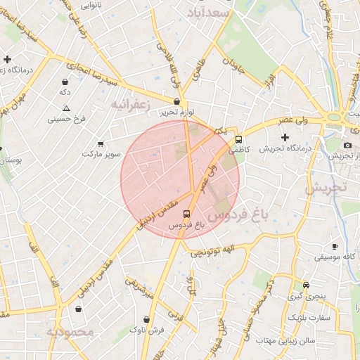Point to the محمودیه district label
coord(70,331)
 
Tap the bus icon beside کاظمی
coord(239,139)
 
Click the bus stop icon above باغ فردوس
coord(186,214)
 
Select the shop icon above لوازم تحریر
coord(167,102)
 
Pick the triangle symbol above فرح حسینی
coord(66,108)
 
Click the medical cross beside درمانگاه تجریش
coord(285,136)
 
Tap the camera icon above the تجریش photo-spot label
coord(347,144)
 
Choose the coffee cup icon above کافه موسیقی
coord(335,246)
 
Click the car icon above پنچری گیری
coord(306,285)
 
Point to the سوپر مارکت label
coord(102,153)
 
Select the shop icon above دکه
coord(65,82)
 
